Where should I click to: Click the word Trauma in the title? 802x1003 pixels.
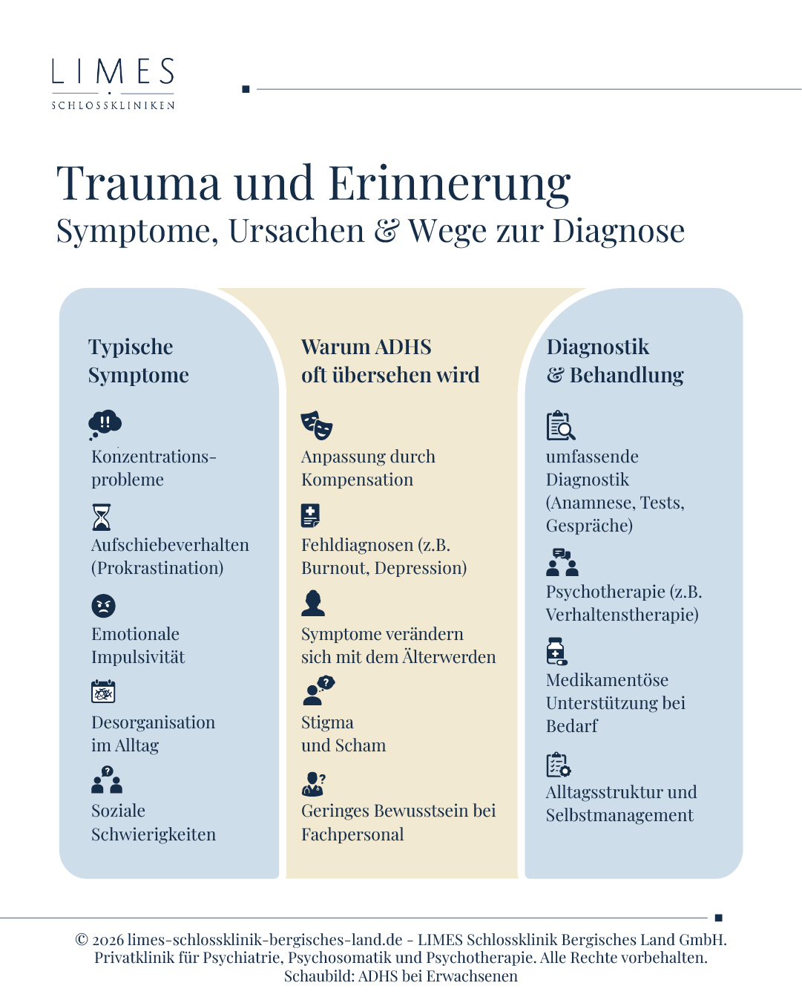[x=139, y=184]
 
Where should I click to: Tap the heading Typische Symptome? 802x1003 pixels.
[x=138, y=361]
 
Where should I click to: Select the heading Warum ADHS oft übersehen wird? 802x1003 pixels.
[x=390, y=361]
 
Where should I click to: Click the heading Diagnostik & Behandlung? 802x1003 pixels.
[x=614, y=361]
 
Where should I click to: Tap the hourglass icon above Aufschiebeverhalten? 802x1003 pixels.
[x=102, y=517]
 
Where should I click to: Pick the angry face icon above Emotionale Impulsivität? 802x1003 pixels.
[x=104, y=606]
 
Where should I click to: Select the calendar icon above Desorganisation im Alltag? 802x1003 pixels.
[x=103, y=691]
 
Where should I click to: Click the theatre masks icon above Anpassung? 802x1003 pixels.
[x=317, y=425]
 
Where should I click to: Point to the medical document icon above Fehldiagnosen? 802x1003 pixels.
[x=310, y=515]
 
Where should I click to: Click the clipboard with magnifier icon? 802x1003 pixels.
[x=560, y=425]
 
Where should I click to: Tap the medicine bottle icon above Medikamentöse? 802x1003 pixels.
[x=556, y=651]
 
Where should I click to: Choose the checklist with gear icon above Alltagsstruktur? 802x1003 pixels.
[x=558, y=764]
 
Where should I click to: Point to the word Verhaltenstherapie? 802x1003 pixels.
[x=622, y=615]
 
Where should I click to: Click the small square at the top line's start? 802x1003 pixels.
[x=246, y=89]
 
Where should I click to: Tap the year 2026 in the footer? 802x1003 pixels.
[x=108, y=940]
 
